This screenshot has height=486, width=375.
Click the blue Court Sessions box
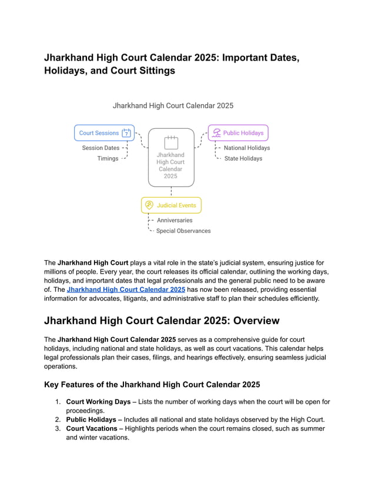coord(104,133)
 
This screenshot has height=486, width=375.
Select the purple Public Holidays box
coord(238,133)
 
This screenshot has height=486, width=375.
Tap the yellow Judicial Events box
coord(171,205)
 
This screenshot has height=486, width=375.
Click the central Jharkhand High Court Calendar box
coord(170,158)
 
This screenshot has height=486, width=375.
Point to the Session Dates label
coord(101,148)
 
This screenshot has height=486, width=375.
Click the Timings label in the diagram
coord(108,159)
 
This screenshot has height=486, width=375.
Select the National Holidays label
coord(247,148)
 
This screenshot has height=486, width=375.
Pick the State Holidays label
coord(243,159)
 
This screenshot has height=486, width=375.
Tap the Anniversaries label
coord(175,221)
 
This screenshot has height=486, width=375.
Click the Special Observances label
coord(183,231)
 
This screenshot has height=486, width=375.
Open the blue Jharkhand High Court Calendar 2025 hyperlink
coord(126,289)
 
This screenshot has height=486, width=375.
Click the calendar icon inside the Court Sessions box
coord(126,133)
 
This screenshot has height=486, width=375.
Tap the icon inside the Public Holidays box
coord(217,133)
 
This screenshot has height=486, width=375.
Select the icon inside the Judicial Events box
coord(149,205)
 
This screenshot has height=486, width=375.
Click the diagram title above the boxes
coord(173,106)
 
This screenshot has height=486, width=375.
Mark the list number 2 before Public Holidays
coord(58,420)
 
